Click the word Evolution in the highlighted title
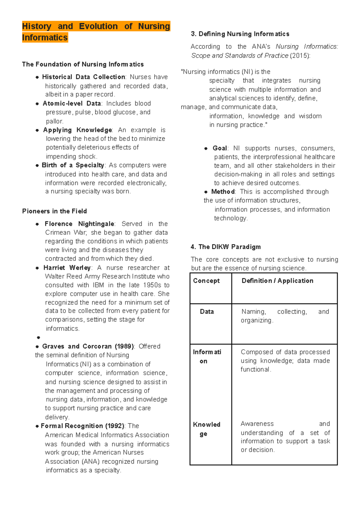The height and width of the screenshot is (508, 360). click(98, 26)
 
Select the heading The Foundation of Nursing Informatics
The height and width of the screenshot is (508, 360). click(83, 64)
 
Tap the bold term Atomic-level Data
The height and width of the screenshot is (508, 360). click(72, 103)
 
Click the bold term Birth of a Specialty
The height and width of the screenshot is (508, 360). click(73, 165)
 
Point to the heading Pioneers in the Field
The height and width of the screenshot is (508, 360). click(54, 211)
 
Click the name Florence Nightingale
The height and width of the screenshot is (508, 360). click(79, 224)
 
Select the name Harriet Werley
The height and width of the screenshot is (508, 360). click(67, 267)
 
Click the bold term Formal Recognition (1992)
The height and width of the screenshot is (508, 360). click(82, 426)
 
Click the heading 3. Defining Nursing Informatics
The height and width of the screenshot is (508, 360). click(240, 34)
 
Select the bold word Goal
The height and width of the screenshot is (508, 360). click(220, 148)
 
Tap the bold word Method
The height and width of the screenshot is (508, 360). click(223, 192)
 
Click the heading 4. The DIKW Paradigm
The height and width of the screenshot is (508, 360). click(226, 247)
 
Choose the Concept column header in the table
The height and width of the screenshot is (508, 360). click(206, 281)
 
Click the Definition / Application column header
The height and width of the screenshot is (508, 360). click(277, 281)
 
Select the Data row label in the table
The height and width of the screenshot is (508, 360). click(207, 312)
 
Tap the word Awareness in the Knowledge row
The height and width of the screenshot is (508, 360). click(257, 424)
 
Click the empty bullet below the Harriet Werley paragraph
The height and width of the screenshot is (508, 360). click(38, 338)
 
